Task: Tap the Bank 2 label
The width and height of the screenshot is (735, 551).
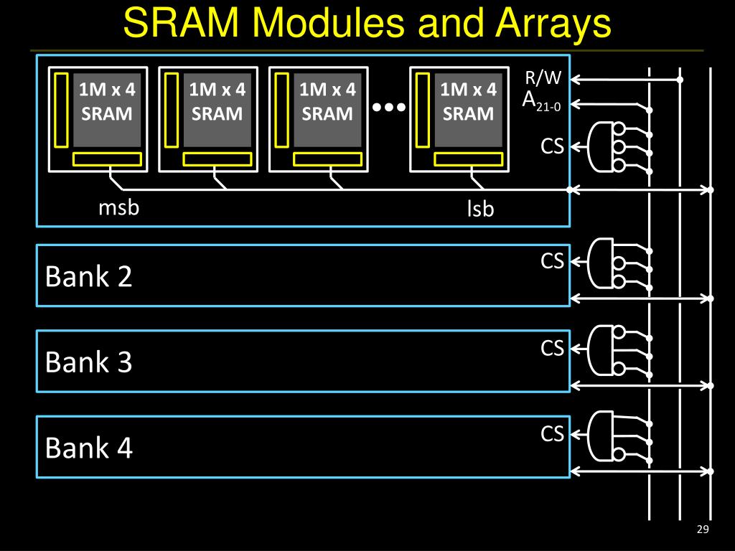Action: click(x=88, y=276)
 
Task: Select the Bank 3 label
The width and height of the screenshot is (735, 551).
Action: click(x=88, y=362)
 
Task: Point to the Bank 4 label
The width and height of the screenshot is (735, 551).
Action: click(x=88, y=448)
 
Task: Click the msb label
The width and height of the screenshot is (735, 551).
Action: click(x=118, y=207)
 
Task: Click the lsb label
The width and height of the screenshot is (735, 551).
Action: click(x=480, y=209)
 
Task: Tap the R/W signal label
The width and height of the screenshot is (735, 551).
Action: click(x=543, y=77)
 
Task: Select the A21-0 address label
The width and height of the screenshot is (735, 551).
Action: click(x=541, y=100)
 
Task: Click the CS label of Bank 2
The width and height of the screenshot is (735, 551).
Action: click(x=552, y=261)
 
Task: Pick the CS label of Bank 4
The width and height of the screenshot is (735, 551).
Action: click(x=552, y=433)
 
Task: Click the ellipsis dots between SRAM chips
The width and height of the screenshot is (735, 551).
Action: click(x=388, y=108)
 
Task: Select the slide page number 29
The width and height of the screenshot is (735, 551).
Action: click(x=703, y=529)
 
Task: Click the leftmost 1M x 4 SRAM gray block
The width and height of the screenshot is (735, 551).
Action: click(x=107, y=110)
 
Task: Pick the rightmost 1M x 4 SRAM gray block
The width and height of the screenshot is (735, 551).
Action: click(x=468, y=110)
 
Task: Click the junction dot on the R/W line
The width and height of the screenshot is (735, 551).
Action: click(x=680, y=80)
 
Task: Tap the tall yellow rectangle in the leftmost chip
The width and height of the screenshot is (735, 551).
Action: click(x=62, y=110)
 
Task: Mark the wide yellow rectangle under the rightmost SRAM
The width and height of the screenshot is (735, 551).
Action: click(x=468, y=159)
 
